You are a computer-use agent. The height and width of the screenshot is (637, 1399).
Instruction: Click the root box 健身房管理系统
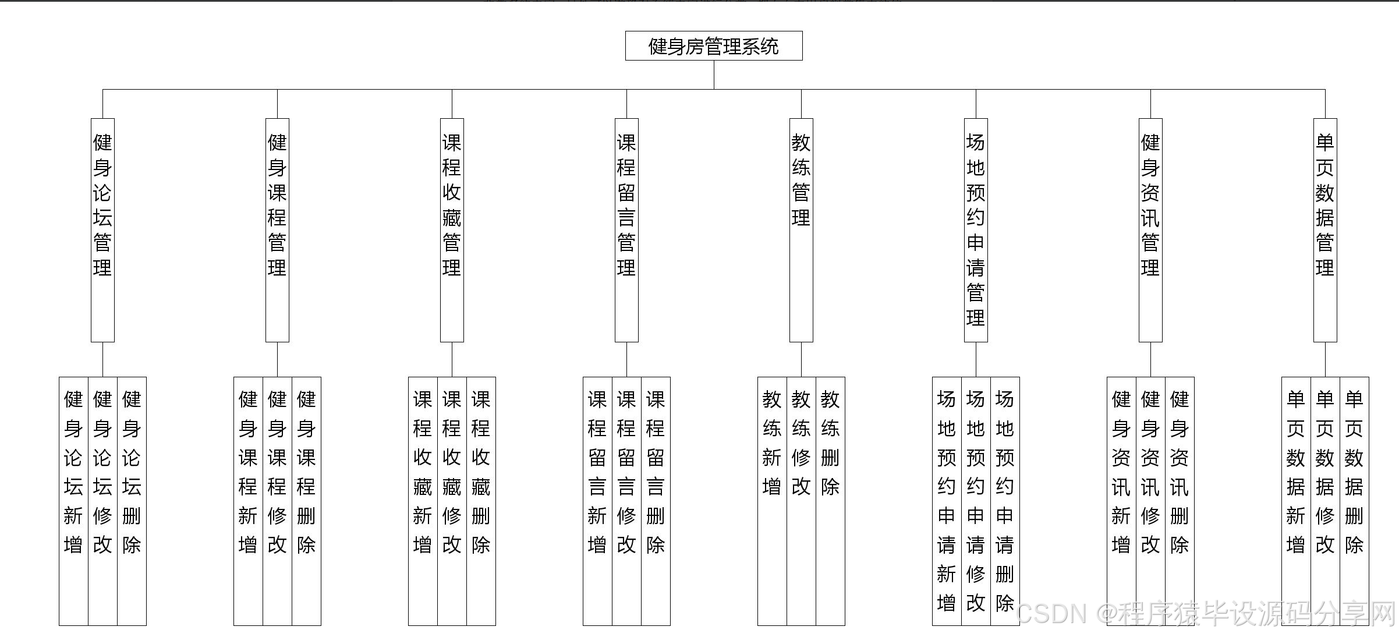(x=714, y=46)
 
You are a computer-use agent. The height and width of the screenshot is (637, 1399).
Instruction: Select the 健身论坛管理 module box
(x=102, y=230)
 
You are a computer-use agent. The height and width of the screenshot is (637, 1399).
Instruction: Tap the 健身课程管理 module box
(x=277, y=230)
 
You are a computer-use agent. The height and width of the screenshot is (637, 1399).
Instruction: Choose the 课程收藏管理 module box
(x=452, y=230)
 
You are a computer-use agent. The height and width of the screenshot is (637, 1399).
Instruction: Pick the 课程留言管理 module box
(x=626, y=230)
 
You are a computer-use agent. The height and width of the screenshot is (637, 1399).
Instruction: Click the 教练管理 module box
(x=801, y=230)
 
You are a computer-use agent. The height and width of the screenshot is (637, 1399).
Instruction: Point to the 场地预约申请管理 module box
(x=976, y=230)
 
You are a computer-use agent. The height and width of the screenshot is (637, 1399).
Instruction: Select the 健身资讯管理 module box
(x=1150, y=230)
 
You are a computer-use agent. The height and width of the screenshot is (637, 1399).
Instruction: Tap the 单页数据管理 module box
(x=1325, y=230)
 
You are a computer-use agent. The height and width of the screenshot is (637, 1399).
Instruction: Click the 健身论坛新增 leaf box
(x=73, y=501)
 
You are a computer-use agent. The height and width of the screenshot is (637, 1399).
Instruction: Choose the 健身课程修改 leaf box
(x=277, y=501)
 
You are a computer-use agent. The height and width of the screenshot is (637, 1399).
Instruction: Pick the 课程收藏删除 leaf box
(x=481, y=501)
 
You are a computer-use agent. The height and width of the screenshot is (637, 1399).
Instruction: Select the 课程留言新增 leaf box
(x=597, y=501)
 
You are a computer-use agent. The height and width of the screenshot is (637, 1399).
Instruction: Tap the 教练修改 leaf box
(x=801, y=501)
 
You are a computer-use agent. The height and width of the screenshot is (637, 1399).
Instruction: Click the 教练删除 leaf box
(x=830, y=501)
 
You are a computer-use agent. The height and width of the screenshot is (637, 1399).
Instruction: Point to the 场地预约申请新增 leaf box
(x=947, y=501)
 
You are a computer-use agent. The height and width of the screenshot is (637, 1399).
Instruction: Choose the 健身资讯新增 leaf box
(x=1121, y=501)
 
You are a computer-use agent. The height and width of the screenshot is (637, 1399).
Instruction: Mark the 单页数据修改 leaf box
(x=1325, y=501)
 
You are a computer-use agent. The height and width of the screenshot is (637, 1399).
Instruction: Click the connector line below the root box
(x=714, y=75)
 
